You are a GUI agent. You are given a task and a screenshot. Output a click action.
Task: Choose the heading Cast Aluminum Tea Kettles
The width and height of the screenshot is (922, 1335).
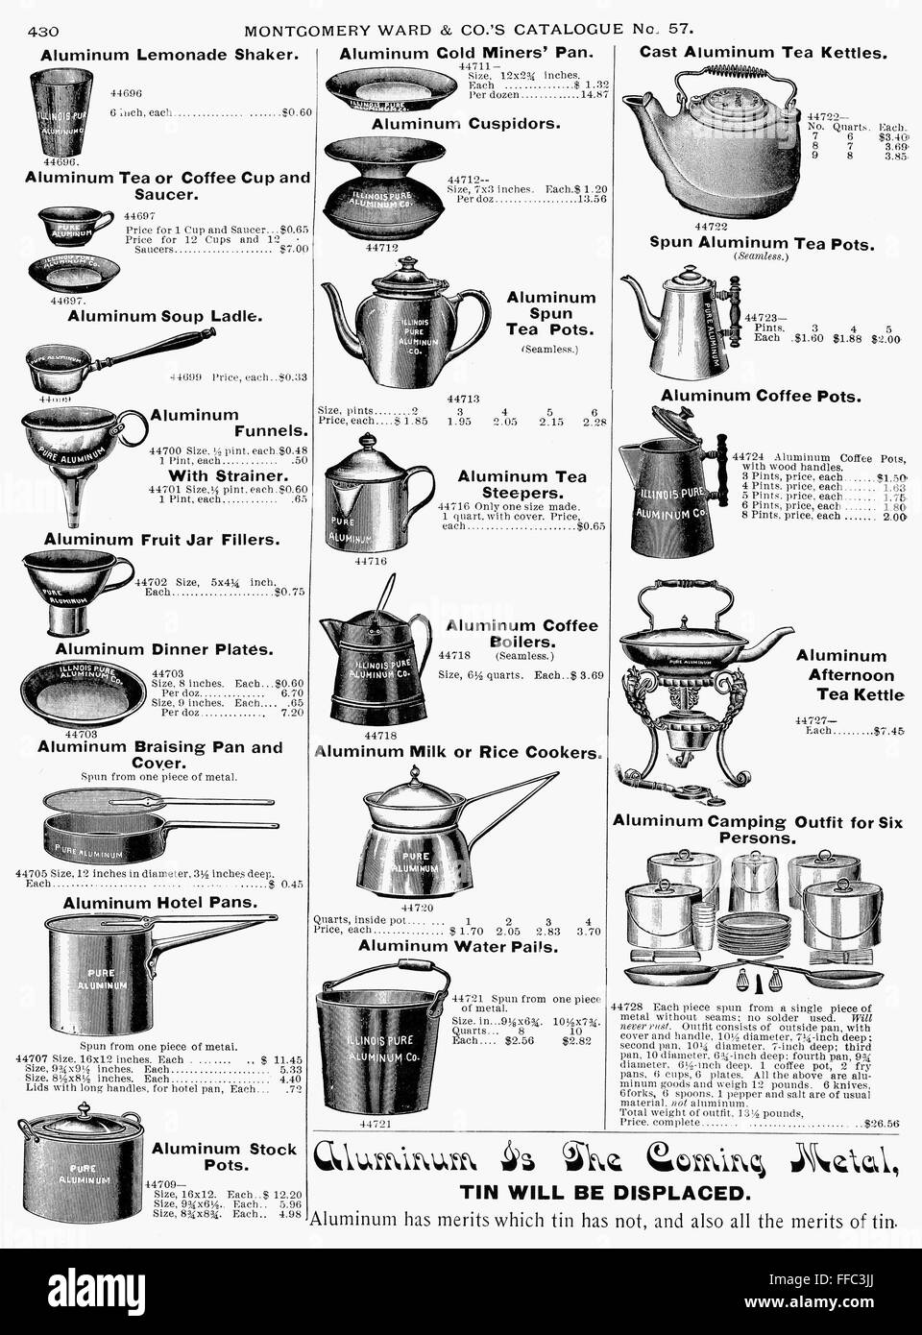click(x=762, y=53)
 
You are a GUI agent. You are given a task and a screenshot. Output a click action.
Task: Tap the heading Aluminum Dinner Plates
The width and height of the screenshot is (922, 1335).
click(x=157, y=650)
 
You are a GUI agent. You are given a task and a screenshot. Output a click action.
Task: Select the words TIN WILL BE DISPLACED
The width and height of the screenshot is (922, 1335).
click(x=602, y=1194)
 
